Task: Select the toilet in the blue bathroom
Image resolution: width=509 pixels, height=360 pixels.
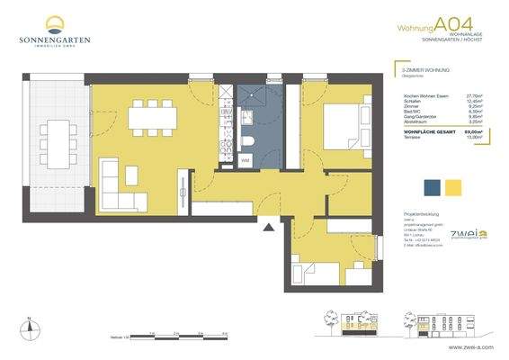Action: point(249,145)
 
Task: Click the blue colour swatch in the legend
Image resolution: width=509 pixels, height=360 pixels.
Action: point(432,187)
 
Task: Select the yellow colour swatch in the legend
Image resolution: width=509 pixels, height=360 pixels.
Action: point(454,187)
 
